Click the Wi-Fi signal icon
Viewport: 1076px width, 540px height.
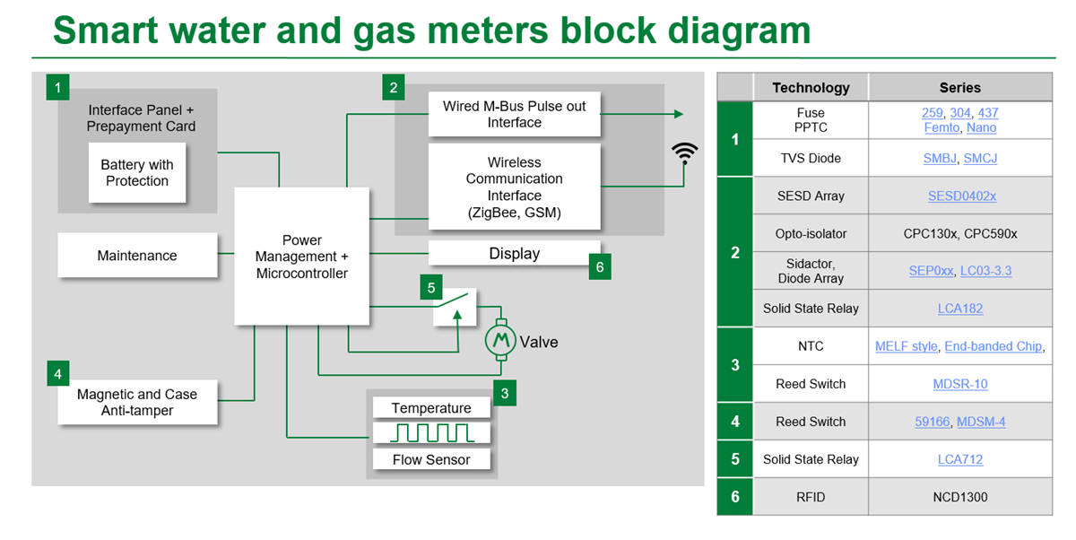685,152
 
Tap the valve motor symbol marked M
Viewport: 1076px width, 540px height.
502,340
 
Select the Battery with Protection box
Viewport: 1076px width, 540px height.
137,173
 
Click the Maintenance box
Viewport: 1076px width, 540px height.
137,256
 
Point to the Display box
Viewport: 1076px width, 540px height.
514,254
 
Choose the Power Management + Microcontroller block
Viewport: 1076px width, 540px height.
301,257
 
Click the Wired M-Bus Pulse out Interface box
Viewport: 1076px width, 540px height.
514,114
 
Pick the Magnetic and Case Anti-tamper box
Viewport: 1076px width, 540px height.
137,403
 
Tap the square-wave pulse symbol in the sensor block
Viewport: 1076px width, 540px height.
431,433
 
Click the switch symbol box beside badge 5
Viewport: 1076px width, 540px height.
455,309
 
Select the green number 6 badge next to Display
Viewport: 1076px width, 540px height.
600,267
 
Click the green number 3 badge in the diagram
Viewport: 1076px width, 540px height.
505,393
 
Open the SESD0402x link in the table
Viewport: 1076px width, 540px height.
961,196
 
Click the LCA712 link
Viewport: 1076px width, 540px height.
959,459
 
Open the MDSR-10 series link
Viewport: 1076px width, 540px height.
959,384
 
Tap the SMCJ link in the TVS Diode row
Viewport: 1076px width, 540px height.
980,158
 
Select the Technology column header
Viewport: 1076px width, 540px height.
811,88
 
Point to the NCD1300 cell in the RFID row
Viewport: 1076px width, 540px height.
959,497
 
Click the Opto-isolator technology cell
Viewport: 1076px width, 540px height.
811,233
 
